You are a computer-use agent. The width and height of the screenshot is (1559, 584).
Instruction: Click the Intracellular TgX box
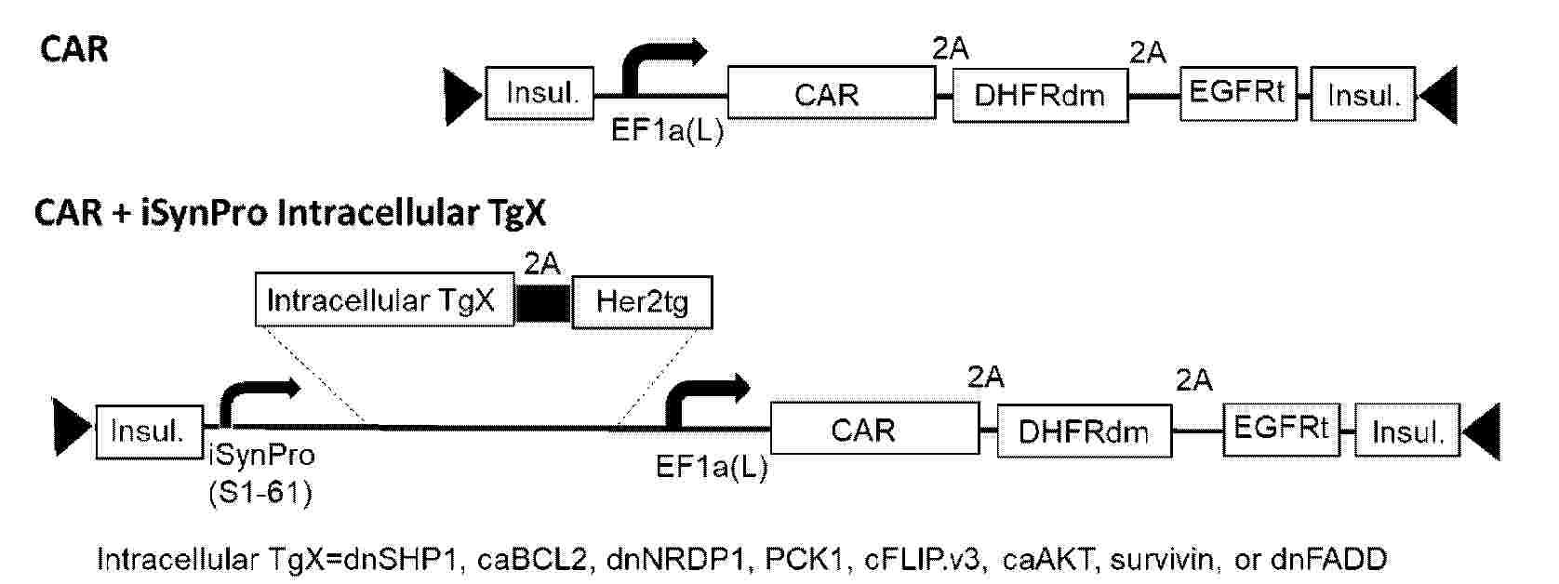tap(385, 300)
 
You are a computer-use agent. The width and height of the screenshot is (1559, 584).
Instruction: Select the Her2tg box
tap(642, 302)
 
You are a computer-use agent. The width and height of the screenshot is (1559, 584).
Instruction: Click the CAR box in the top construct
tap(832, 93)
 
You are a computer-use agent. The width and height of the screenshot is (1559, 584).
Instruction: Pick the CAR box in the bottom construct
tap(875, 428)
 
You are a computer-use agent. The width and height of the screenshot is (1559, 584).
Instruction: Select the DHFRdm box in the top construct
tap(1041, 96)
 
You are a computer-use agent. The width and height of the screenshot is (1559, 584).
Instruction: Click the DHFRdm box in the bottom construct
tap(1085, 431)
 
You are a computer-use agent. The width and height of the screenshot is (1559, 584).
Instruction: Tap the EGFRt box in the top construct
tap(1238, 93)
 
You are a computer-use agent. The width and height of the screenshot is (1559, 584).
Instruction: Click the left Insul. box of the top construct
tap(540, 93)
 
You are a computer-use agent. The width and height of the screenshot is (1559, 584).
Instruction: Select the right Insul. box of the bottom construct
tap(1407, 431)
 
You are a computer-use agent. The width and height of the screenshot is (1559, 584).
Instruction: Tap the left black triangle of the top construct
tap(462, 96)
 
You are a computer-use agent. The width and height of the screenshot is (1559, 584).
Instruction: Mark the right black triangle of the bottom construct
tap(1482, 431)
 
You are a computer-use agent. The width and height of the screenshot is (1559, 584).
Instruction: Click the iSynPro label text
tap(261, 456)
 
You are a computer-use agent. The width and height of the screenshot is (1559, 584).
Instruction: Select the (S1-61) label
tap(260, 494)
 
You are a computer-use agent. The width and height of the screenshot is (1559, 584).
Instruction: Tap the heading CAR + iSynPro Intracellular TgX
tap(290, 212)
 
